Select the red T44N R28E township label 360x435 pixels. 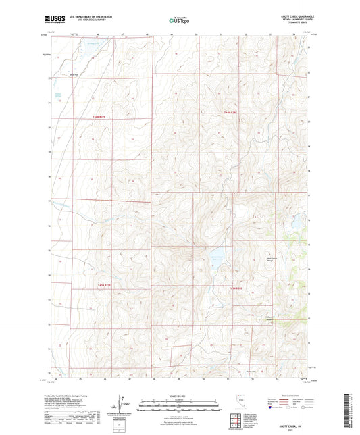tap(232, 112)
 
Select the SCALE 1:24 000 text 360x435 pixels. tap(179, 396)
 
